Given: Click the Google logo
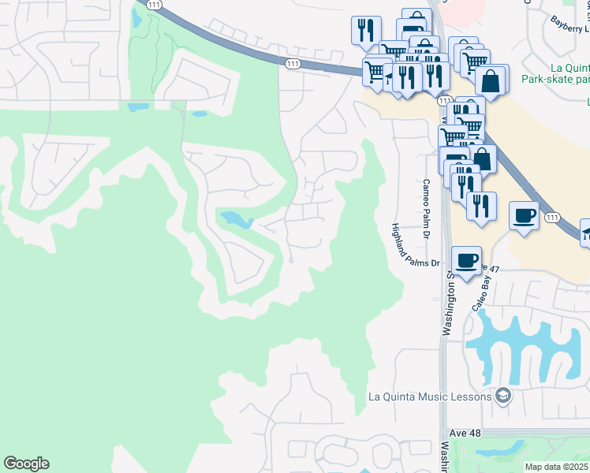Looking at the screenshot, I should point(26,464).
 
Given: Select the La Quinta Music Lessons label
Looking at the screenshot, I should point(429,397).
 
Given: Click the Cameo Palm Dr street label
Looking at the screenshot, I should point(425,208).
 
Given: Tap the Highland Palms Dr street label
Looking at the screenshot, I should point(415,245).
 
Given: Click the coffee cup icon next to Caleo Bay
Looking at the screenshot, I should point(467,260).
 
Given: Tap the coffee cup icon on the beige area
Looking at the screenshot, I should point(525,215).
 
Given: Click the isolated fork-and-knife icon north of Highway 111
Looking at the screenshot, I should point(365,30).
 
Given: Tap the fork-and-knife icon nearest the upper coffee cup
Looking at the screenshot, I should point(480,205).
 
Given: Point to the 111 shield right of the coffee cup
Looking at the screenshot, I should point(552,217).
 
